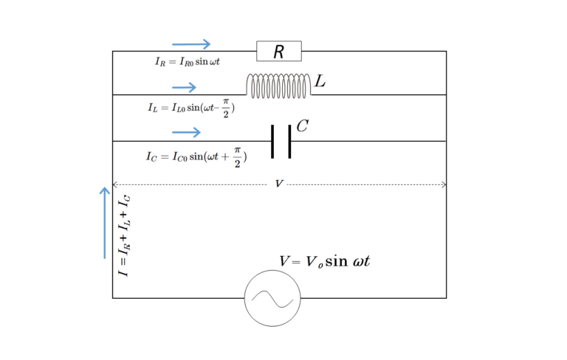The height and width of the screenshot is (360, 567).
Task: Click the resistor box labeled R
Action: (x=279, y=51)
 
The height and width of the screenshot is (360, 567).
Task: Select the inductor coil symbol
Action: (x=278, y=86)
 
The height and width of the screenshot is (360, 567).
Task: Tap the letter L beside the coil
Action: (x=320, y=81)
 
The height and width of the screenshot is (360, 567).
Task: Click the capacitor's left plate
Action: (x=272, y=141)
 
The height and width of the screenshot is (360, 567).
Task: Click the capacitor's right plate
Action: (x=289, y=141)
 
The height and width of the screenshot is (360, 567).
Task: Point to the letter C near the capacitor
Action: (x=302, y=126)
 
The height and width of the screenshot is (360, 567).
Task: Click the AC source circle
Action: (x=272, y=298)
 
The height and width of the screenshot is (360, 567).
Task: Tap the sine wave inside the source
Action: (x=272, y=298)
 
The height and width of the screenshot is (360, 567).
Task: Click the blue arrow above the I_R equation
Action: (x=191, y=44)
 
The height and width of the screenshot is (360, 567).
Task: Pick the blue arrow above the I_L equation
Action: (x=184, y=88)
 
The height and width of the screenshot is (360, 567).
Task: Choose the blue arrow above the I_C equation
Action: (x=186, y=132)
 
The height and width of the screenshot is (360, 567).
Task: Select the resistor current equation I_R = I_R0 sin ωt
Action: (x=188, y=62)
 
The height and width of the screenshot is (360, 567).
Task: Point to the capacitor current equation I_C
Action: (x=196, y=156)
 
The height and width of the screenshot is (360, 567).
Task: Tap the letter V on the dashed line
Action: (x=278, y=184)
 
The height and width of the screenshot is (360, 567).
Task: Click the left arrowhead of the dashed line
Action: (x=114, y=184)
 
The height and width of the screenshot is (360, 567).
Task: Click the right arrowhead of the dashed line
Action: (x=444, y=184)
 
